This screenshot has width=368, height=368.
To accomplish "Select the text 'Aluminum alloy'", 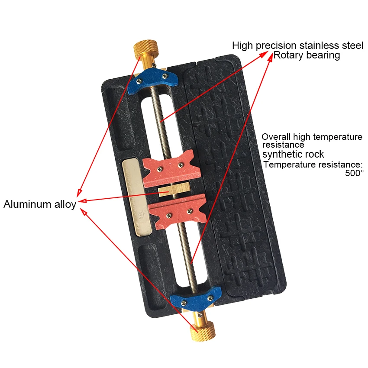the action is [x=40, y=204].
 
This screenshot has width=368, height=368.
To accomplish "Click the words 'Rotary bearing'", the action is [x=307, y=55].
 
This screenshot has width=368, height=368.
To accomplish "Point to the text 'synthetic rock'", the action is [x=293, y=154].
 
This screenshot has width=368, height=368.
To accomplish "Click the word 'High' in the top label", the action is [x=242, y=45].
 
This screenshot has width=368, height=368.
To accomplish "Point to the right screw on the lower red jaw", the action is [x=189, y=211].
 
